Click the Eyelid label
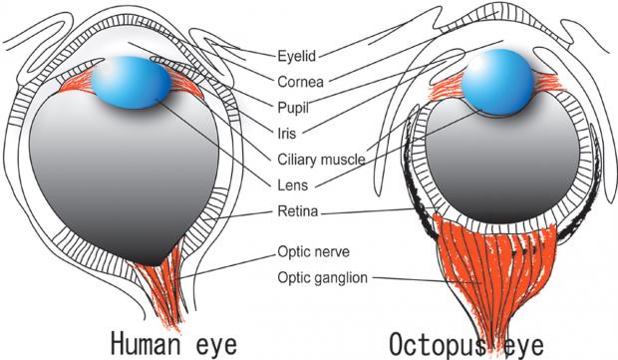(297, 56)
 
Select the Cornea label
(300, 82)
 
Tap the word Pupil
(293, 108)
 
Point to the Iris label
(286, 134)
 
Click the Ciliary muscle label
(321, 160)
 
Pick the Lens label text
(293, 184)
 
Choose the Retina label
(298, 211)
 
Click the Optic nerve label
(313, 251)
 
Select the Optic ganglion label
(322, 277)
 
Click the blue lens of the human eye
(131, 83)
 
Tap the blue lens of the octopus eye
(497, 82)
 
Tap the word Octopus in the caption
(438, 344)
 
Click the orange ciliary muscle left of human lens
(76, 82)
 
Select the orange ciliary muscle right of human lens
(184, 82)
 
